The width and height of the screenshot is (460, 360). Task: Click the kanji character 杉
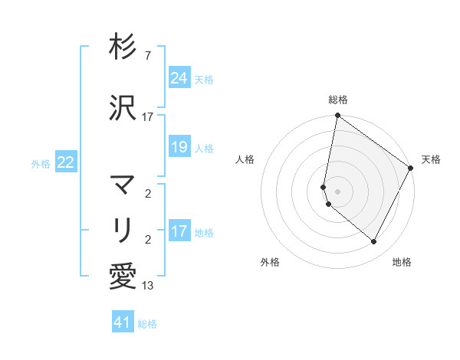(x=123, y=47)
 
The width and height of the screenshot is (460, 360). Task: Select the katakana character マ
(x=123, y=185)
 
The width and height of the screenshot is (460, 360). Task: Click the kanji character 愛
(x=123, y=276)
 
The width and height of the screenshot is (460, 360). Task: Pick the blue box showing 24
(x=179, y=77)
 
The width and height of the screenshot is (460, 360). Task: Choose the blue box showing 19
(x=179, y=147)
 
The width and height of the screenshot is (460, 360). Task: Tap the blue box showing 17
(x=179, y=231)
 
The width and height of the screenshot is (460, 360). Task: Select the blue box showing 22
(x=66, y=162)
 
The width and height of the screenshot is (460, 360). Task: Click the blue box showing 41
(x=123, y=322)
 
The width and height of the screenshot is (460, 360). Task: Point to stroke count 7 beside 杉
(x=147, y=56)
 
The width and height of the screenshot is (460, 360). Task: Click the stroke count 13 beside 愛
(x=148, y=286)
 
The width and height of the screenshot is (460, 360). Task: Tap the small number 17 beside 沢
(x=148, y=117)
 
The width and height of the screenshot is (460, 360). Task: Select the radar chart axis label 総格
(x=337, y=100)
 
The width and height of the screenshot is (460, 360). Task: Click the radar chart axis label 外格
(x=270, y=262)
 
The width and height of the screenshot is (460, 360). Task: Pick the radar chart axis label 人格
(x=245, y=159)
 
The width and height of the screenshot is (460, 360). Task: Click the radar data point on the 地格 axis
(x=373, y=241)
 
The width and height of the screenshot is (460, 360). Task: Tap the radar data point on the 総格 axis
(x=337, y=116)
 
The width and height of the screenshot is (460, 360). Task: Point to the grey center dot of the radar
(x=337, y=191)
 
